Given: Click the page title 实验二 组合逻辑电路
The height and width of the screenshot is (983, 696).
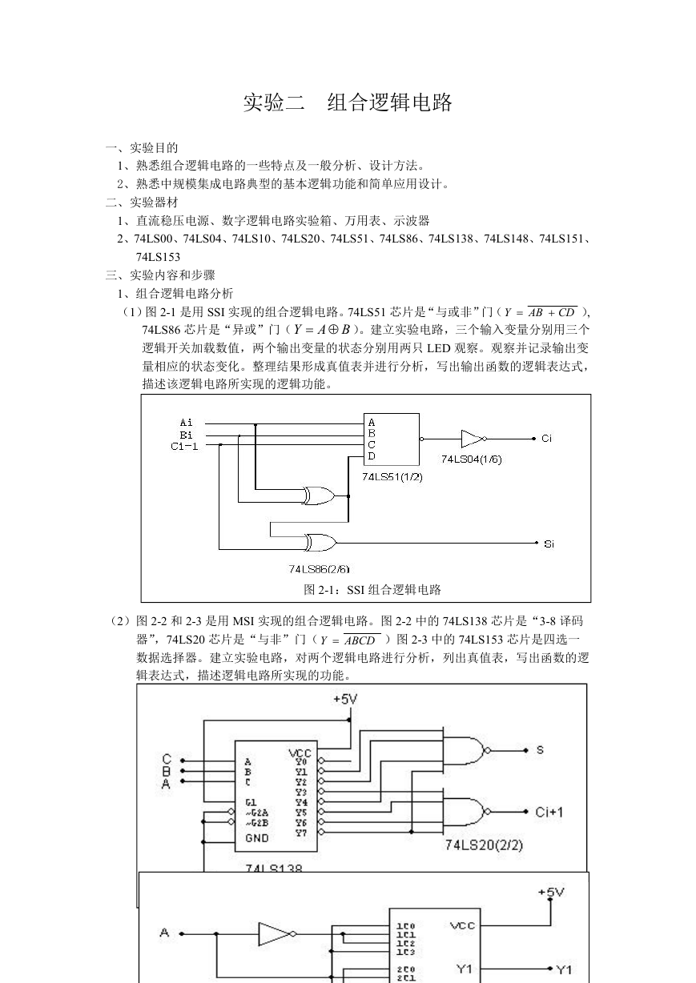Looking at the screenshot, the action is (x=348, y=102).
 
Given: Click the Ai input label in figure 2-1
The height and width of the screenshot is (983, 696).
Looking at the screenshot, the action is (x=186, y=423).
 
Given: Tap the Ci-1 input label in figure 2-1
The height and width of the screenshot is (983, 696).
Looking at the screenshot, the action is (x=184, y=447).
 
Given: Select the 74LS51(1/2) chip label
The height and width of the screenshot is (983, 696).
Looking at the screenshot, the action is (x=392, y=477).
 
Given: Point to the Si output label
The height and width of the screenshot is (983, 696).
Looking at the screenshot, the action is (x=549, y=544).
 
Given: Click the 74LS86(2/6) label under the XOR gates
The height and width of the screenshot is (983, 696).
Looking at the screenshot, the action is (x=319, y=569).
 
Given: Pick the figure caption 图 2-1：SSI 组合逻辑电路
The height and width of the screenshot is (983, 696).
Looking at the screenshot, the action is (x=372, y=589).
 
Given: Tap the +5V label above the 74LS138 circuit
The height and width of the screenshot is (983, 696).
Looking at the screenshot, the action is (x=345, y=699).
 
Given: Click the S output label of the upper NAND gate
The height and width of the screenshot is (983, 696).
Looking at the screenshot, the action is (x=540, y=750).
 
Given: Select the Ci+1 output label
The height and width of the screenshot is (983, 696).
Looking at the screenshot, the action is (x=549, y=812).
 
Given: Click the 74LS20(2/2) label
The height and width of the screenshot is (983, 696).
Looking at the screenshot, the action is (x=484, y=845).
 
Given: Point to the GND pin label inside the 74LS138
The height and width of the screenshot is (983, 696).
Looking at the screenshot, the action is (x=257, y=838).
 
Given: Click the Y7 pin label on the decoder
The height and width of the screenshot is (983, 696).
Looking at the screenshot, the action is (x=301, y=833).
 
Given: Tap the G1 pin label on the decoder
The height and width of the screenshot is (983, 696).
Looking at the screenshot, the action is (x=251, y=802).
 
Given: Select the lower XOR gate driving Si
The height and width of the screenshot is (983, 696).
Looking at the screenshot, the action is (x=320, y=543).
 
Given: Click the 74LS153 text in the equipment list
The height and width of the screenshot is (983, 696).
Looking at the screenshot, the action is (x=158, y=257).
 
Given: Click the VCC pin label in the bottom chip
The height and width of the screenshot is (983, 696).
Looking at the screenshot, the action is (x=462, y=925).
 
